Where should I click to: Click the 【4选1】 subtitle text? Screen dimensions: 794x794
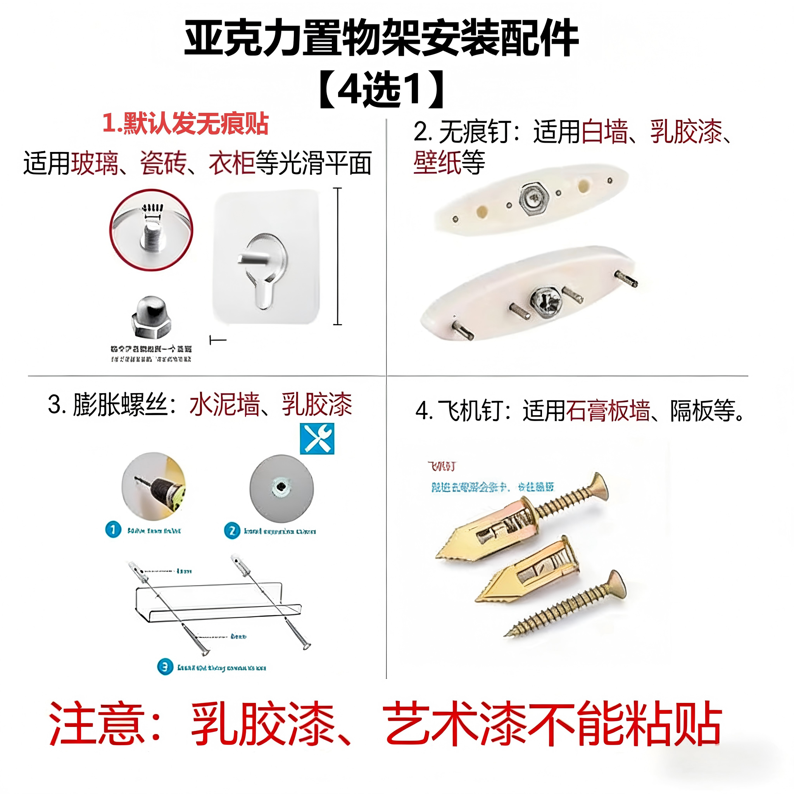381,89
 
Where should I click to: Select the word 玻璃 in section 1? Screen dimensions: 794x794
95,163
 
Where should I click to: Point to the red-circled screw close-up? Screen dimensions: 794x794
151,230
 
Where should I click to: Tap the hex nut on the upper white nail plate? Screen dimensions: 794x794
533,199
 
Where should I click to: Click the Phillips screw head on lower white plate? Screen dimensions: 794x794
545,302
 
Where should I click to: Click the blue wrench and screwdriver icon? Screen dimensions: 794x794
317,439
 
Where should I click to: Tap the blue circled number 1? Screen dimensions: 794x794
113,530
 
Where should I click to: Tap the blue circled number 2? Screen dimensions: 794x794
232,531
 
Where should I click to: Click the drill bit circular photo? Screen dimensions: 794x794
154,487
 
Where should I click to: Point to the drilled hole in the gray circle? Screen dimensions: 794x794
281,487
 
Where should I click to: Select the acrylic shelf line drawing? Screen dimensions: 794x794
218,602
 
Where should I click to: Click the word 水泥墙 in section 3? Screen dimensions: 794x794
224,404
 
